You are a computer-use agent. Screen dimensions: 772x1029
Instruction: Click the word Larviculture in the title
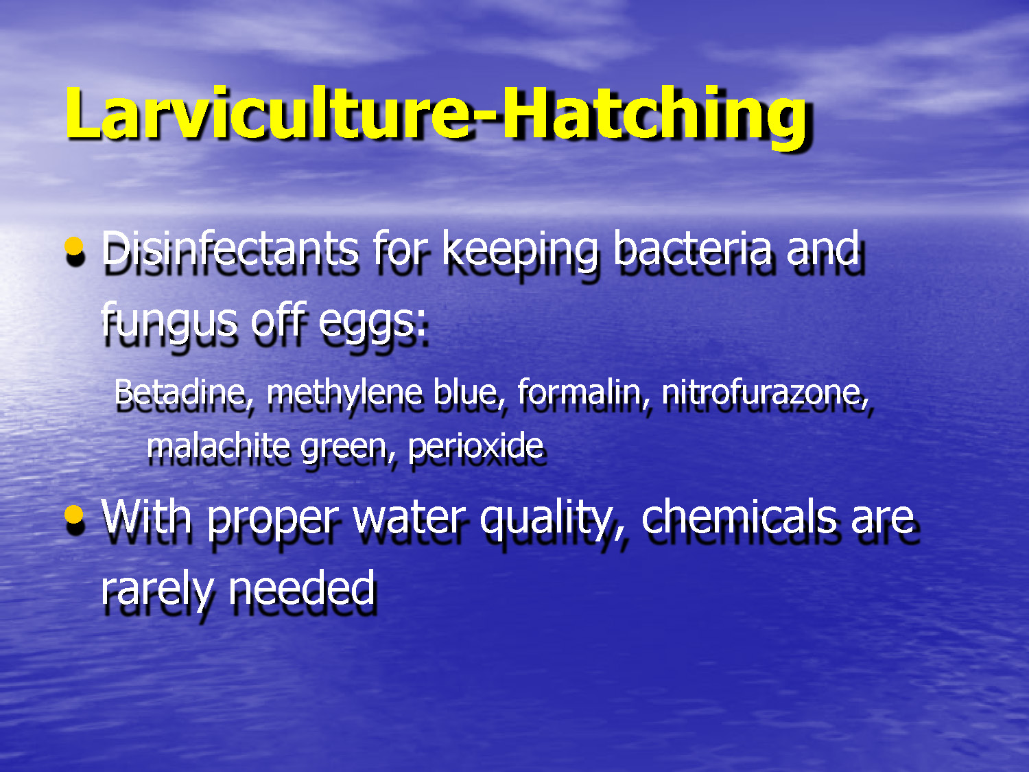pyautogui.click(x=268, y=113)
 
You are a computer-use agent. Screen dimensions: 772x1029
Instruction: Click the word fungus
pyautogui.click(x=168, y=321)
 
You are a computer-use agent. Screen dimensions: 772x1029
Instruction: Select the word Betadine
pyautogui.click(x=180, y=393)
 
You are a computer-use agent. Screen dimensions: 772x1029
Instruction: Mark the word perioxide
pyautogui.click(x=475, y=446)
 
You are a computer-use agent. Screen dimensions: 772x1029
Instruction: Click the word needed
pyautogui.click(x=302, y=589)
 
